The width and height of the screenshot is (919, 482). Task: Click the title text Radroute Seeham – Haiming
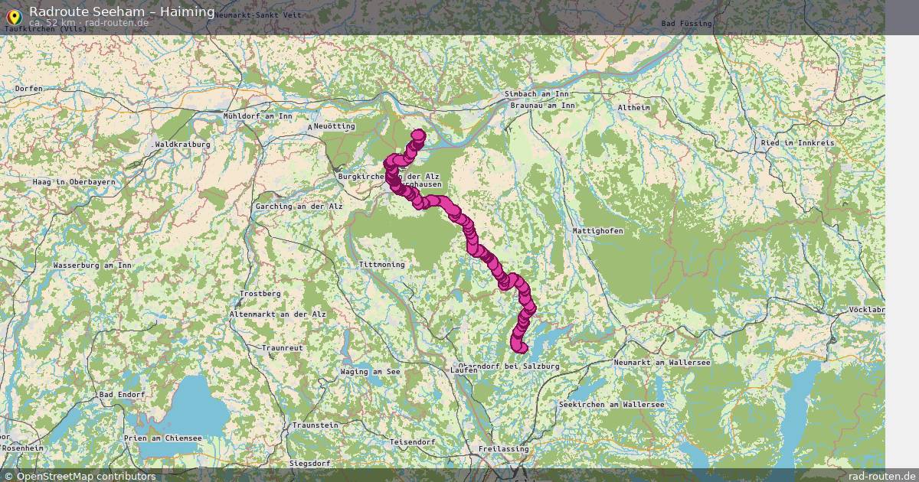coord(122,11)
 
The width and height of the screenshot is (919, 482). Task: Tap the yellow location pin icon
coord(13,15)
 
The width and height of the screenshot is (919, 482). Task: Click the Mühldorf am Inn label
coord(257,116)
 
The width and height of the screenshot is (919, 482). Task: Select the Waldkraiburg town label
coord(183,144)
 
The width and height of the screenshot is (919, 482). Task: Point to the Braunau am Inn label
coord(541,105)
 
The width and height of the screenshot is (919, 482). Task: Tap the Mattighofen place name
coord(597,231)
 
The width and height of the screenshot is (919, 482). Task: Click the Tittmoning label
coord(381,265)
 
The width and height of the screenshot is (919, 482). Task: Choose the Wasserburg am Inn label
coord(93,265)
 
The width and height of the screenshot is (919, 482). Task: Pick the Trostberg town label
coord(260,294)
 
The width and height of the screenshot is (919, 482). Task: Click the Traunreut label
coord(282,348)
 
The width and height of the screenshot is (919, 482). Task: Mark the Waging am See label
coord(371,372)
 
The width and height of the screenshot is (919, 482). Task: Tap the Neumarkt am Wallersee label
coord(662,362)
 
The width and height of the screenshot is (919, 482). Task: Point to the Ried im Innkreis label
coord(797,143)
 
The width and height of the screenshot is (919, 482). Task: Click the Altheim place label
coord(633,108)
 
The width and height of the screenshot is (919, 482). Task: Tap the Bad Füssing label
coord(686,24)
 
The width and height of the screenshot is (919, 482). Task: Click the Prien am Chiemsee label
coord(162,438)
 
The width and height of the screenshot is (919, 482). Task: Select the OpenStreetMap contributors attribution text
coord(86,477)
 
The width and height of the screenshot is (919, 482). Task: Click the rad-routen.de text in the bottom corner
coord(881,477)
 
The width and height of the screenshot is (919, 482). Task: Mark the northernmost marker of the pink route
coord(418,135)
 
